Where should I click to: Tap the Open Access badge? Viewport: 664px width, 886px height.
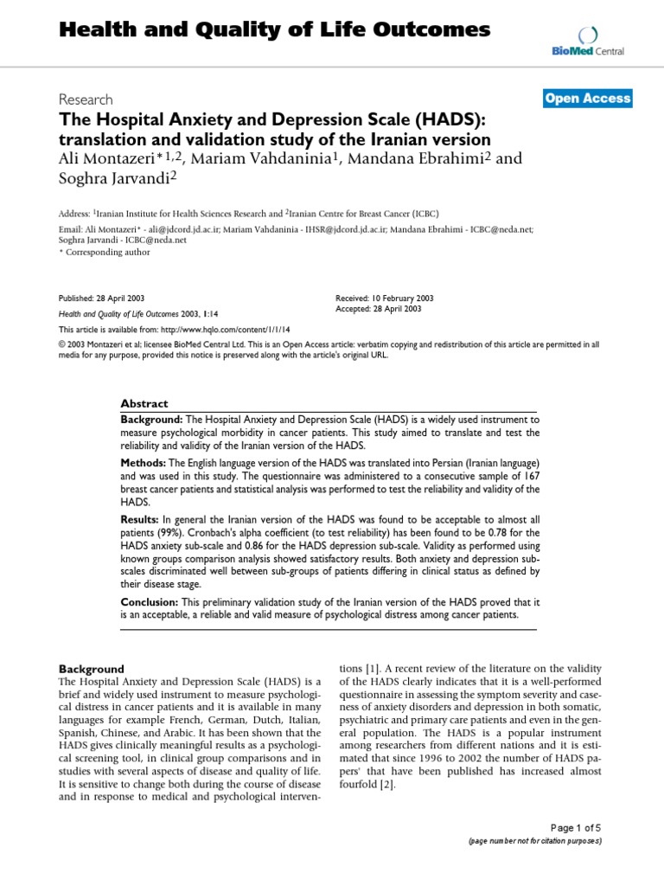coord(588,99)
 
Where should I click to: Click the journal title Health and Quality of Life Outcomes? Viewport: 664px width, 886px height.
coord(274,30)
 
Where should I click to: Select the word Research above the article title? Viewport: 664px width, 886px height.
coord(85,100)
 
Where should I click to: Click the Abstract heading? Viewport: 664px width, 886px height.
coord(144,404)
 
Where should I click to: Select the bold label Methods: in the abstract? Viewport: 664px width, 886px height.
coord(144,464)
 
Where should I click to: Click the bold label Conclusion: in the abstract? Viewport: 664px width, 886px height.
coord(150,602)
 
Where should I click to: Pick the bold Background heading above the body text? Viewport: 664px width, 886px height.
coord(91,669)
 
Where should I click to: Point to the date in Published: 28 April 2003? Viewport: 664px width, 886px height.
coord(126,295)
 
